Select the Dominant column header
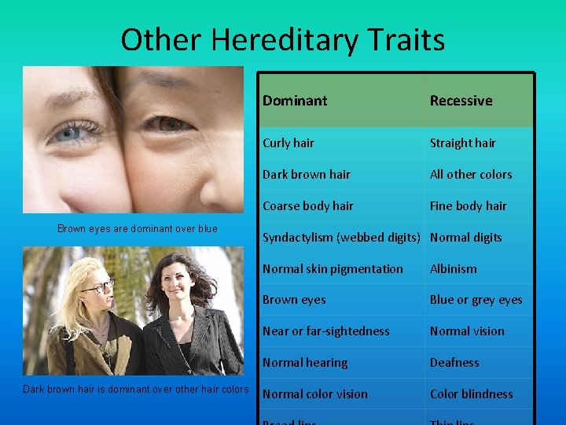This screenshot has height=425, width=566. (x=295, y=101)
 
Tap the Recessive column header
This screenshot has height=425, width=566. (x=461, y=101)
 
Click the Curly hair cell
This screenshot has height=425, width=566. (x=288, y=143)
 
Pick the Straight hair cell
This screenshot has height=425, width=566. (x=462, y=143)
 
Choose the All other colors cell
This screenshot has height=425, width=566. (x=470, y=175)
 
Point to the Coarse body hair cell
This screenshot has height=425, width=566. (x=307, y=206)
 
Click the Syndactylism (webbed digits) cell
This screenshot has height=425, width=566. (x=342, y=238)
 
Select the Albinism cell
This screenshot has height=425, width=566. (x=453, y=269)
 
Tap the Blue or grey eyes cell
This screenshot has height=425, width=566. (x=476, y=300)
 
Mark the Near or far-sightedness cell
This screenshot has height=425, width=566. (x=325, y=331)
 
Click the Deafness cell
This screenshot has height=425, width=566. (x=454, y=363)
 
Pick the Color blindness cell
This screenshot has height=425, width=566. (x=471, y=394)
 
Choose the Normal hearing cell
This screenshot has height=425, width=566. (x=304, y=363)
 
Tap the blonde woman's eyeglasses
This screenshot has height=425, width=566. (x=97, y=287)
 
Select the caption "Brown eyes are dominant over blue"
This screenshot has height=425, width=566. (x=138, y=229)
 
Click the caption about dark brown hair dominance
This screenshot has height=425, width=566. (x=136, y=389)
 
